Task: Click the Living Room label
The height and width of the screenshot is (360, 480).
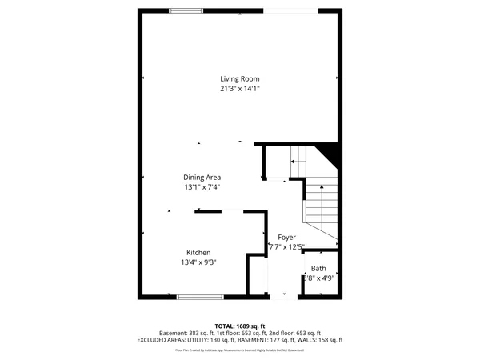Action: pos(240,78)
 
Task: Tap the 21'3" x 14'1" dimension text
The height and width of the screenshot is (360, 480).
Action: pos(240,88)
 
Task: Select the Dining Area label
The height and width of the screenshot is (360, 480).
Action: pos(202,177)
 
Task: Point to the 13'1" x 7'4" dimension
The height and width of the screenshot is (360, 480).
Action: pos(202,186)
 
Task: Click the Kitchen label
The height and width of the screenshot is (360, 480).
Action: pos(198,252)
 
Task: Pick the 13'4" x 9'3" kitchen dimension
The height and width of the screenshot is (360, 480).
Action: pos(198,262)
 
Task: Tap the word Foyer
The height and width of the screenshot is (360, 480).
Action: pos(286,238)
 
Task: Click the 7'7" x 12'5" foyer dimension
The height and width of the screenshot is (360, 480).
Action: pos(286,247)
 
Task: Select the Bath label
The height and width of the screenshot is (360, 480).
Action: pos(318,269)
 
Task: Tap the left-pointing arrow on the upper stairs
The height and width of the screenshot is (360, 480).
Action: pos(294,162)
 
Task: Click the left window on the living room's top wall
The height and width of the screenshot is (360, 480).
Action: pos(186,10)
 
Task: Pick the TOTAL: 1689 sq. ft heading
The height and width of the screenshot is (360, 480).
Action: pos(240,326)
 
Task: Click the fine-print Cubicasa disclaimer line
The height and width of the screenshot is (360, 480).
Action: pos(240,350)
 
